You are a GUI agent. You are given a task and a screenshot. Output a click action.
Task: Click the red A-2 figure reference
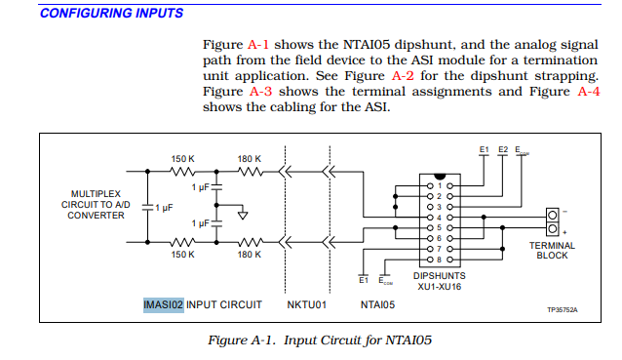[402, 76]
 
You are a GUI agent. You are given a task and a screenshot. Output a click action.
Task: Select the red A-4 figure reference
[588, 92]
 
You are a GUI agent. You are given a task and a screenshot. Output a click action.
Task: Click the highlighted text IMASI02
[163, 304]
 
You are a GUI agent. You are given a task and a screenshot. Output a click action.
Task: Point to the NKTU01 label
[305, 304]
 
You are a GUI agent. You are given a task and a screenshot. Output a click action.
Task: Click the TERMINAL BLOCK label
[552, 251]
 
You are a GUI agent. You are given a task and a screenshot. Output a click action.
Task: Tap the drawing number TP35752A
[562, 310]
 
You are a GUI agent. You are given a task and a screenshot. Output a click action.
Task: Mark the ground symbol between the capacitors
[243, 215]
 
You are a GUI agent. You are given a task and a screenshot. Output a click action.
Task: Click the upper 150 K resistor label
[183, 158]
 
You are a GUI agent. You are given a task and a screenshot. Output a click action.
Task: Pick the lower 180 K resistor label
[249, 255]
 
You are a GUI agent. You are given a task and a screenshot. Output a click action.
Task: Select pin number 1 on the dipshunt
[439, 185]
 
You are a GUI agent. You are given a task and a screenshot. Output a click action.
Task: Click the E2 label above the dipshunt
[502, 149]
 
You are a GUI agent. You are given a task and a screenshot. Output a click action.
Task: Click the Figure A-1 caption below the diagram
[320, 340]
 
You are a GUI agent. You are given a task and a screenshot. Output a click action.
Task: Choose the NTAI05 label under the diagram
[376, 304]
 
